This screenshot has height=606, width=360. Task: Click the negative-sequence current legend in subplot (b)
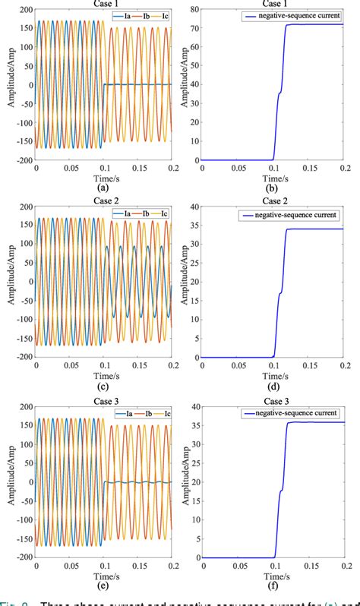click(x=293, y=16)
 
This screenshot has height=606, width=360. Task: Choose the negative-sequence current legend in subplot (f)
click(x=293, y=414)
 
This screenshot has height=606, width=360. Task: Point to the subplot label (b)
click(x=273, y=186)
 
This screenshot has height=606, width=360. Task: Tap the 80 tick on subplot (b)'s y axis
click(x=194, y=10)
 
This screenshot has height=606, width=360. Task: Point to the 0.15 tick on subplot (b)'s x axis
click(x=308, y=169)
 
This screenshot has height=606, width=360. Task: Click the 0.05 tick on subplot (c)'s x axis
click(x=70, y=367)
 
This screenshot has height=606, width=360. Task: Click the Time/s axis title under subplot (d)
click(x=273, y=375)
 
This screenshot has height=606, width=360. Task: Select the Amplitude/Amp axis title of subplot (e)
click(x=7, y=481)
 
